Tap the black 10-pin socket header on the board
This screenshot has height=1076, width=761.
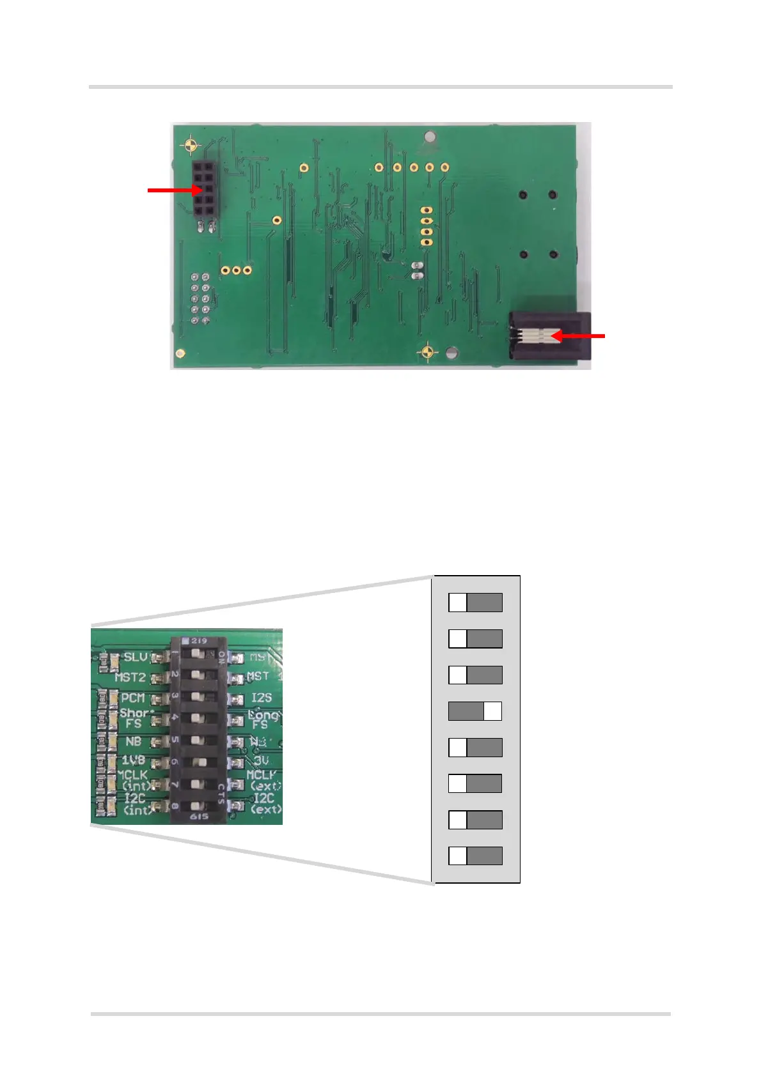click(205, 188)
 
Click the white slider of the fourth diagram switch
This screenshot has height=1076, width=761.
click(492, 711)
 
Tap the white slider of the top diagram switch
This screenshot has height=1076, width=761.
click(458, 603)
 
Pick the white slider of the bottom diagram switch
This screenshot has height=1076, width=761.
click(458, 856)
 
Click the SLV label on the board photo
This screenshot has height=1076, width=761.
click(135, 657)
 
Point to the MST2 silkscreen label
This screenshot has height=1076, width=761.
click(130, 677)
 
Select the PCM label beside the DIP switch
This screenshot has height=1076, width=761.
click(132, 698)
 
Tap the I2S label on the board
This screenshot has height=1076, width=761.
click(262, 698)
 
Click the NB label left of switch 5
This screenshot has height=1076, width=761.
click(133, 741)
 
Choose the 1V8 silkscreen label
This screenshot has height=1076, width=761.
click(133, 760)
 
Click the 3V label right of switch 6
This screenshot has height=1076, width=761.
click(261, 760)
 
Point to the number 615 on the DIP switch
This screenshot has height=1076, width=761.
click(198, 817)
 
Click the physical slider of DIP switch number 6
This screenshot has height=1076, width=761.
click(198, 762)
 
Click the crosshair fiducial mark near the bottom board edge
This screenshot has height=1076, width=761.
click(428, 352)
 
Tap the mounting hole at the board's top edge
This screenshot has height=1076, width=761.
click(430, 136)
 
